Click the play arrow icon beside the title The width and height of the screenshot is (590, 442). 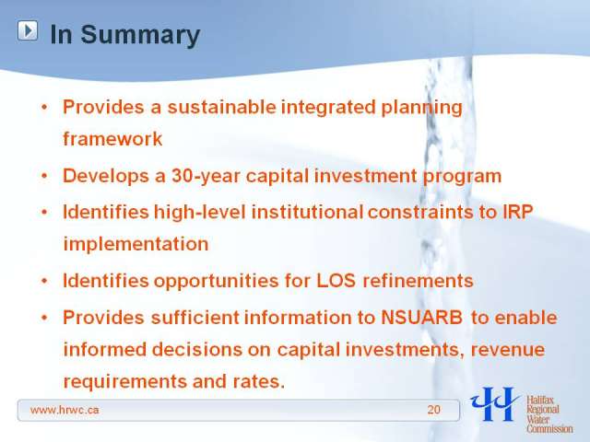tap(28, 30)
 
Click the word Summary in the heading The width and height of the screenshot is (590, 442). tap(140, 35)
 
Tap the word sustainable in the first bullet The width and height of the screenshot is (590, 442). tap(221, 107)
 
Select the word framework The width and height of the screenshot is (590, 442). tap(112, 139)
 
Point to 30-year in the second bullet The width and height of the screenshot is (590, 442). tap(206, 176)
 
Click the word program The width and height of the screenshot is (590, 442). tap(463, 177)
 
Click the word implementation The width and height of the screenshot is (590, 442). tap(136, 244)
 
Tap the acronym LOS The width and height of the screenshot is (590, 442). tap(336, 281)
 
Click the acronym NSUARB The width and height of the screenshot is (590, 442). tap(422, 318)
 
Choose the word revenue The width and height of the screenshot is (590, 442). tap(508, 350)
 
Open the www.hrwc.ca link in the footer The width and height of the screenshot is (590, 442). tap(65, 410)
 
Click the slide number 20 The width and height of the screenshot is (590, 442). tap(434, 410)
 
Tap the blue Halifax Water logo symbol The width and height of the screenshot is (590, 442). tap(494, 403)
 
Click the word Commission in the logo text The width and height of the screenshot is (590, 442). tap(549, 428)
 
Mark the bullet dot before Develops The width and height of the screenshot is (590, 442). tap(44, 176)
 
